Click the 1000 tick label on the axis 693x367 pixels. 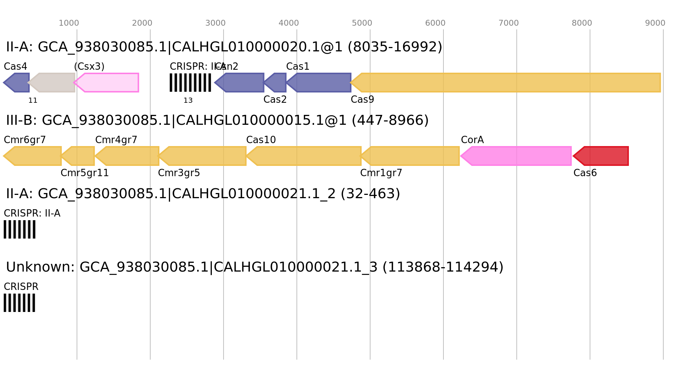point(69,23)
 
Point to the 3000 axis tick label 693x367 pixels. point(215,23)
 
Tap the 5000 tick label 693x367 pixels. point(362,23)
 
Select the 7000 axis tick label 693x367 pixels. point(509,23)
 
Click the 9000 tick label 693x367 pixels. point(655,23)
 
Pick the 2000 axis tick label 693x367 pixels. point(142,23)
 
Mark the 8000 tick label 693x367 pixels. point(582,23)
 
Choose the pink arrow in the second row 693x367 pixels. point(516,156)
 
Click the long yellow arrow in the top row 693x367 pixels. point(506,83)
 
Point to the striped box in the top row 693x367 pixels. point(190,83)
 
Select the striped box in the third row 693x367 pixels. point(19,229)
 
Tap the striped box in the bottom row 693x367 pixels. point(19,303)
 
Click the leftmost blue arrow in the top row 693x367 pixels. point(17,83)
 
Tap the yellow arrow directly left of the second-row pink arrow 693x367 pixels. point(411,156)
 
